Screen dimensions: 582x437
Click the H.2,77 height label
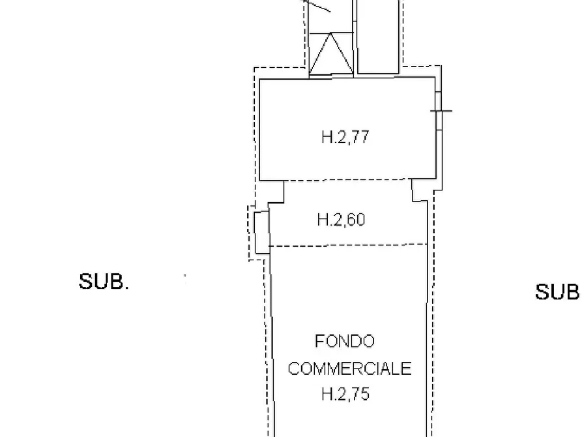[345, 136]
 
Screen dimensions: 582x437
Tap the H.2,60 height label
[341, 219]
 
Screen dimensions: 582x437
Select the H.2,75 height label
[345, 394]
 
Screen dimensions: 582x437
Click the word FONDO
[345, 341]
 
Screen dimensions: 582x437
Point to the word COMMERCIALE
[349, 369]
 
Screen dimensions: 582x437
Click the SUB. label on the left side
[104, 282]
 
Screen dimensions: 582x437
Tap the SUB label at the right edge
[557, 292]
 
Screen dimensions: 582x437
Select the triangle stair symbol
[330, 53]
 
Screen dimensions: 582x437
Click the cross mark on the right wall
[441, 110]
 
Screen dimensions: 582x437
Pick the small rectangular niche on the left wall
[262, 232]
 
